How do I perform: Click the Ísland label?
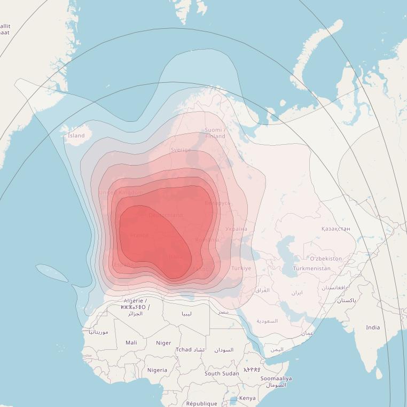click(76, 136)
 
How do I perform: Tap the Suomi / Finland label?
click(215, 133)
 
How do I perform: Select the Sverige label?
click(181, 150)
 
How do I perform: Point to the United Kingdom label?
click(121, 192)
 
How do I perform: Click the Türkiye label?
click(241, 268)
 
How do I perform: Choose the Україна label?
click(236, 229)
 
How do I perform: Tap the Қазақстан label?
click(336, 229)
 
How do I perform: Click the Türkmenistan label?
click(312, 268)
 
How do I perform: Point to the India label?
click(373, 327)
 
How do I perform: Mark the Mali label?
click(131, 342)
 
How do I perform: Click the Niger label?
click(163, 343)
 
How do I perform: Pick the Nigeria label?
click(157, 370)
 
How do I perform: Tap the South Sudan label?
click(222, 373)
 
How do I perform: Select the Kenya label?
click(247, 398)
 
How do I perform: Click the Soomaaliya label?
click(276, 379)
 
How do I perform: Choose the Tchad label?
click(183, 350)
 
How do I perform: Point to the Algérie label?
click(135, 301)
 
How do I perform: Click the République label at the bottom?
click(201, 403)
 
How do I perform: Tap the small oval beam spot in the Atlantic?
click(52, 272)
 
